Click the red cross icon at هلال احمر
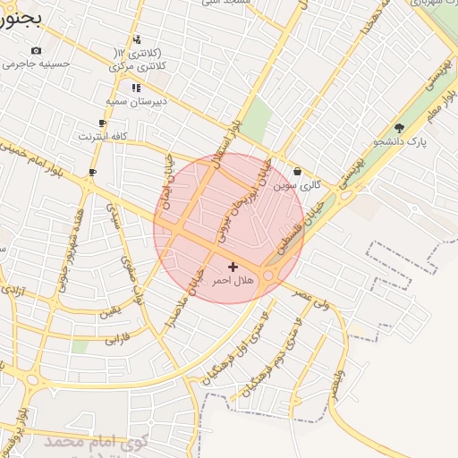(x=233, y=267)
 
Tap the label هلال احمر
(x=233, y=281)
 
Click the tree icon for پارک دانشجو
(x=399, y=128)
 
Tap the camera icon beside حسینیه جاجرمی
(x=36, y=51)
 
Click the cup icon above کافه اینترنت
(x=103, y=123)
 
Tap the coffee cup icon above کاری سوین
(x=297, y=171)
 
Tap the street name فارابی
(x=117, y=340)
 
